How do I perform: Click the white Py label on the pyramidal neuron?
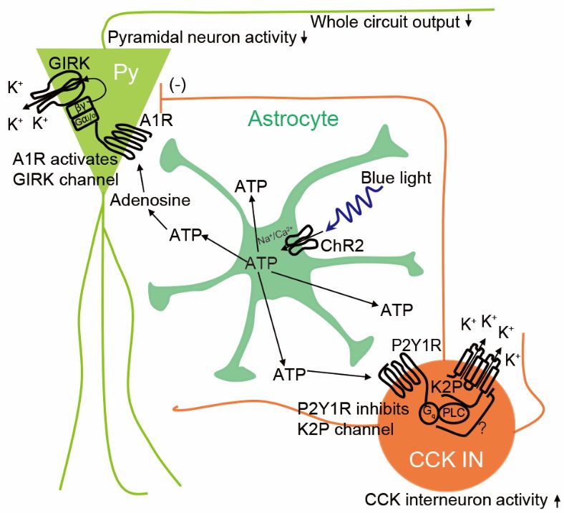pyautogui.click(x=125, y=74)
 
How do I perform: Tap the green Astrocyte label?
pyautogui.click(x=293, y=118)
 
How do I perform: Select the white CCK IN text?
pyautogui.click(x=446, y=459)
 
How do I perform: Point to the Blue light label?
pyautogui.click(x=396, y=178)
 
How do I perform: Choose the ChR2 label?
pyautogui.click(x=342, y=246)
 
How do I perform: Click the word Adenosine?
pyautogui.click(x=150, y=200)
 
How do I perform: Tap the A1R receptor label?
pyautogui.click(x=156, y=120)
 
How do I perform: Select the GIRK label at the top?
pyautogui.click(x=69, y=63)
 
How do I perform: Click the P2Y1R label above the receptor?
pyautogui.click(x=416, y=345)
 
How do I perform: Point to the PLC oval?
pyautogui.click(x=453, y=413)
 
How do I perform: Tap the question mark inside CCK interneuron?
pyautogui.click(x=482, y=428)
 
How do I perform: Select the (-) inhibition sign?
pyautogui.click(x=178, y=86)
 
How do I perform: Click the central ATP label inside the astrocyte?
pyautogui.click(x=261, y=264)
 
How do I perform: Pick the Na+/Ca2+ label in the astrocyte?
pyautogui.click(x=276, y=235)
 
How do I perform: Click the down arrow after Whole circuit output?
pyautogui.click(x=468, y=22)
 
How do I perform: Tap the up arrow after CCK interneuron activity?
pyautogui.click(x=557, y=500)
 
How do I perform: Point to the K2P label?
pyautogui.click(x=446, y=388)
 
